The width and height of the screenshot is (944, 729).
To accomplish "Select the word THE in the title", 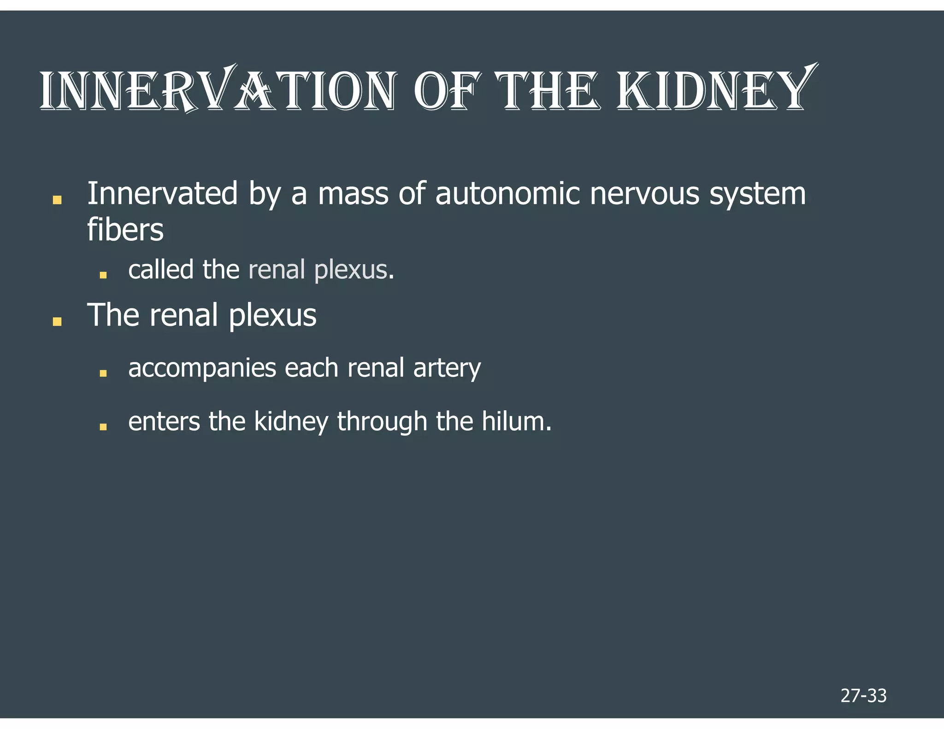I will click(548, 91).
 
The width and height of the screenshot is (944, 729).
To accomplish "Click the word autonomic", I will click(507, 194).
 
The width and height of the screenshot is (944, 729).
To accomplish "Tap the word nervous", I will click(644, 194).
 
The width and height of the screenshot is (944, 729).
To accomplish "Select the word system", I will click(757, 194).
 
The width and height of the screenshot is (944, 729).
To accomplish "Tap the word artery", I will click(447, 369).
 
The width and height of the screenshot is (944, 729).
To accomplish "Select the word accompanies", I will click(202, 369).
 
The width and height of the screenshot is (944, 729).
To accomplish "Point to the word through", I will click(382, 422).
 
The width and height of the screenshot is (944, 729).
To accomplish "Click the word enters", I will click(164, 422).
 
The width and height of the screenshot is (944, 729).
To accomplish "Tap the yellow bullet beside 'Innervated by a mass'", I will click(57, 200).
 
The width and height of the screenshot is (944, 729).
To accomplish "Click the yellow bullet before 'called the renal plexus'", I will click(103, 275).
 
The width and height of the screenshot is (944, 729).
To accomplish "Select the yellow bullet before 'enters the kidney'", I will click(103, 427).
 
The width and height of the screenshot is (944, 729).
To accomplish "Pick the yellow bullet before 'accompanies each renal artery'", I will click(103, 374).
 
